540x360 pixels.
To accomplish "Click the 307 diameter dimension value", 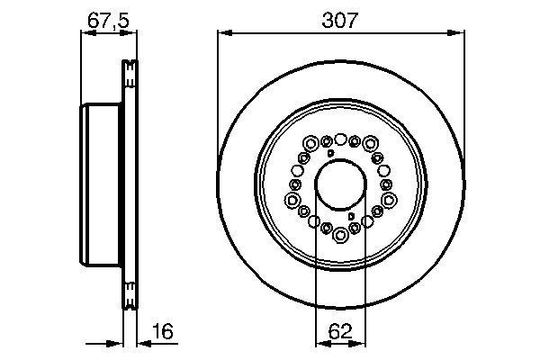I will tap(341, 18).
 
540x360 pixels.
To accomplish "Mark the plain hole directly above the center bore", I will tap(341, 137).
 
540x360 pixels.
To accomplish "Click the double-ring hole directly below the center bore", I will tap(341, 236).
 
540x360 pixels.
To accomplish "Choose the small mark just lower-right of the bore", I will tap(351, 217).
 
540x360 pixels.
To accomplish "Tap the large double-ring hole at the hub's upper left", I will tap(310, 143).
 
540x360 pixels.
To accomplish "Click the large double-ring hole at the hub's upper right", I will tap(371, 143).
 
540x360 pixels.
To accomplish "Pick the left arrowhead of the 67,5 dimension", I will tap(85, 34).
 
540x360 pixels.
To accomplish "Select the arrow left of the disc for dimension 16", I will tap(118, 342).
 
